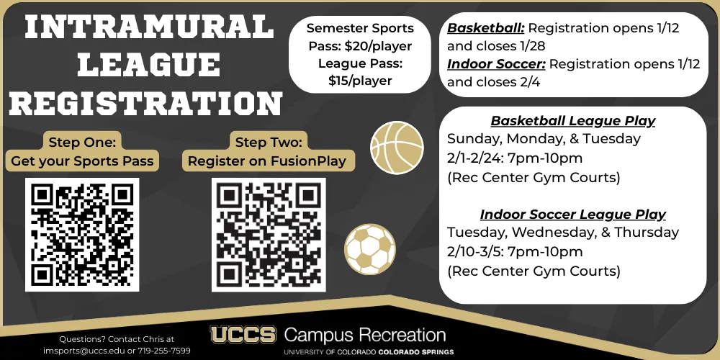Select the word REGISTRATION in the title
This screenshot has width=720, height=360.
pyautogui.click(x=145, y=103)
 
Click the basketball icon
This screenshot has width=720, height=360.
pyautogui.click(x=397, y=148)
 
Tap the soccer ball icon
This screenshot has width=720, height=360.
pyautogui.click(x=369, y=249)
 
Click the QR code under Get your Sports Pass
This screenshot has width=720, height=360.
pyautogui.click(x=82, y=235)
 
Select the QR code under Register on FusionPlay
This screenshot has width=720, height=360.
pyautogui.click(x=269, y=235)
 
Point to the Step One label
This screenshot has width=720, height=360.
pyautogui.click(x=82, y=142)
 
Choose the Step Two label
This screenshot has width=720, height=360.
pyautogui.click(x=269, y=142)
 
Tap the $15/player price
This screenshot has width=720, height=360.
pyautogui.click(x=360, y=81)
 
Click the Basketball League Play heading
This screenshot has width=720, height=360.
pyautogui.click(x=573, y=121)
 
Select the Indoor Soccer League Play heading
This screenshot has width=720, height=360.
pyautogui.click(x=573, y=215)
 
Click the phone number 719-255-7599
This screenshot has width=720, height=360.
pyautogui.click(x=164, y=351)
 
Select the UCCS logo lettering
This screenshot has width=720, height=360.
pyautogui.click(x=243, y=334)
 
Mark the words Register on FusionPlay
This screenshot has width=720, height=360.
pyautogui.click(x=267, y=161)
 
